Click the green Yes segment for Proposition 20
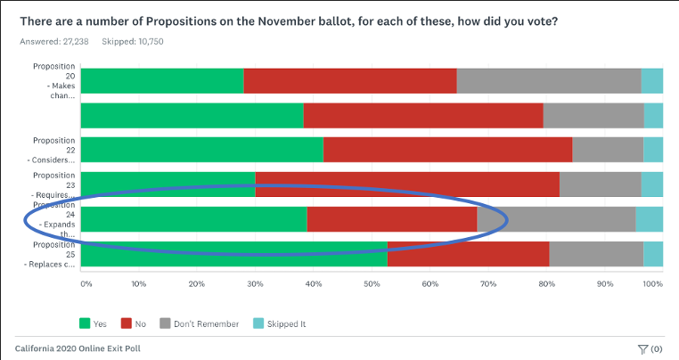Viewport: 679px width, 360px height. click(161, 80)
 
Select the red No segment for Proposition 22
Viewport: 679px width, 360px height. click(447, 150)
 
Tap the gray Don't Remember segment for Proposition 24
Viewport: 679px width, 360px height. click(557, 219)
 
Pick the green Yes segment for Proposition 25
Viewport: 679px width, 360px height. click(233, 253)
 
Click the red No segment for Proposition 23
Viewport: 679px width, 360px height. click(407, 184)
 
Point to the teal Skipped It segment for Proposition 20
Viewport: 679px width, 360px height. click(651, 80)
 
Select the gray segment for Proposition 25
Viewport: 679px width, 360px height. click(596, 253)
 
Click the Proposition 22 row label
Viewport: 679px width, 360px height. click(53, 149)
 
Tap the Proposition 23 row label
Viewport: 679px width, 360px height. click(53, 184)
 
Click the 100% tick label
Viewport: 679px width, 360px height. click(652, 284)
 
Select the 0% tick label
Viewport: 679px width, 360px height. click(86, 284)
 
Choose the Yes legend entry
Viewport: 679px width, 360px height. click(93, 323)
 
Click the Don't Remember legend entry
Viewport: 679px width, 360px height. click(199, 323)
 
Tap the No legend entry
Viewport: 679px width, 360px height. click(135, 323)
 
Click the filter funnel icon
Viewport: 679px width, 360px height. click(642, 348)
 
